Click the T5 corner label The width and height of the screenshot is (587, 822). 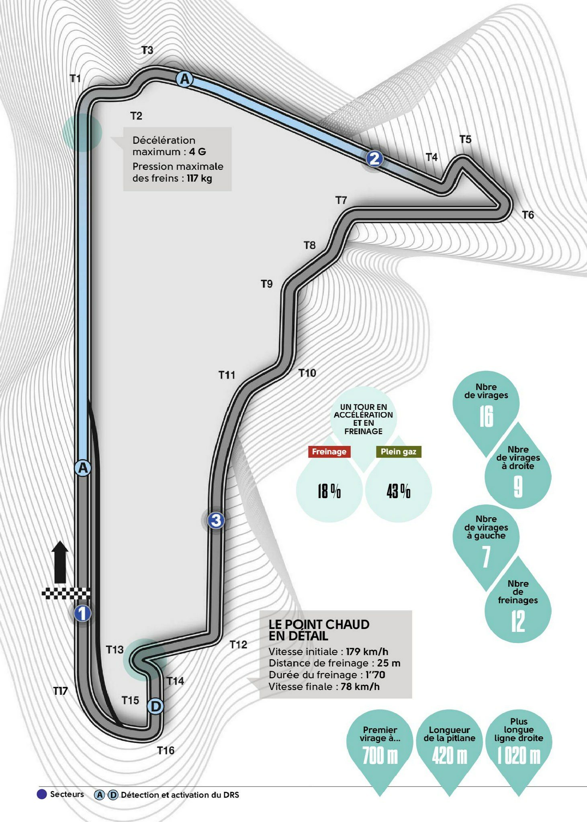[465, 139]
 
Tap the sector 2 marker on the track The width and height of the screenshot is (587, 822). [374, 159]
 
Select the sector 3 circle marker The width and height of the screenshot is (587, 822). [216, 521]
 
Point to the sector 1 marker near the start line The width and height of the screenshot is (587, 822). [82, 613]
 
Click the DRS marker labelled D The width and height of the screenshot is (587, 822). [155, 706]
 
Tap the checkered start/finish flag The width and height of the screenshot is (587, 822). [66, 593]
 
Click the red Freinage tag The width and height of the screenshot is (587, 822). [329, 452]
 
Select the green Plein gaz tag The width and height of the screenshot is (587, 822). [399, 452]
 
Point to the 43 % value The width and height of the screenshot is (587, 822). [399, 491]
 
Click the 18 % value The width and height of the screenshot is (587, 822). [329, 491]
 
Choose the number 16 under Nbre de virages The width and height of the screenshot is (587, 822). [486, 417]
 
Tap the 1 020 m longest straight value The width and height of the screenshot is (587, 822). [519, 756]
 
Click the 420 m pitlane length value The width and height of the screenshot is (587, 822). [450, 756]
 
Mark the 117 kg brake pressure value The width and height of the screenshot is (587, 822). [199, 178]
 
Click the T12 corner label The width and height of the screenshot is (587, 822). [238, 645]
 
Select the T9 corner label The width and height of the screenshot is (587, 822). [267, 284]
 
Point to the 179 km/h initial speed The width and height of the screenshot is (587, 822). [367, 651]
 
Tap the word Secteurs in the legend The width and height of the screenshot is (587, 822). [67, 794]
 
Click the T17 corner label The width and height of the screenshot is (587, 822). [61, 691]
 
